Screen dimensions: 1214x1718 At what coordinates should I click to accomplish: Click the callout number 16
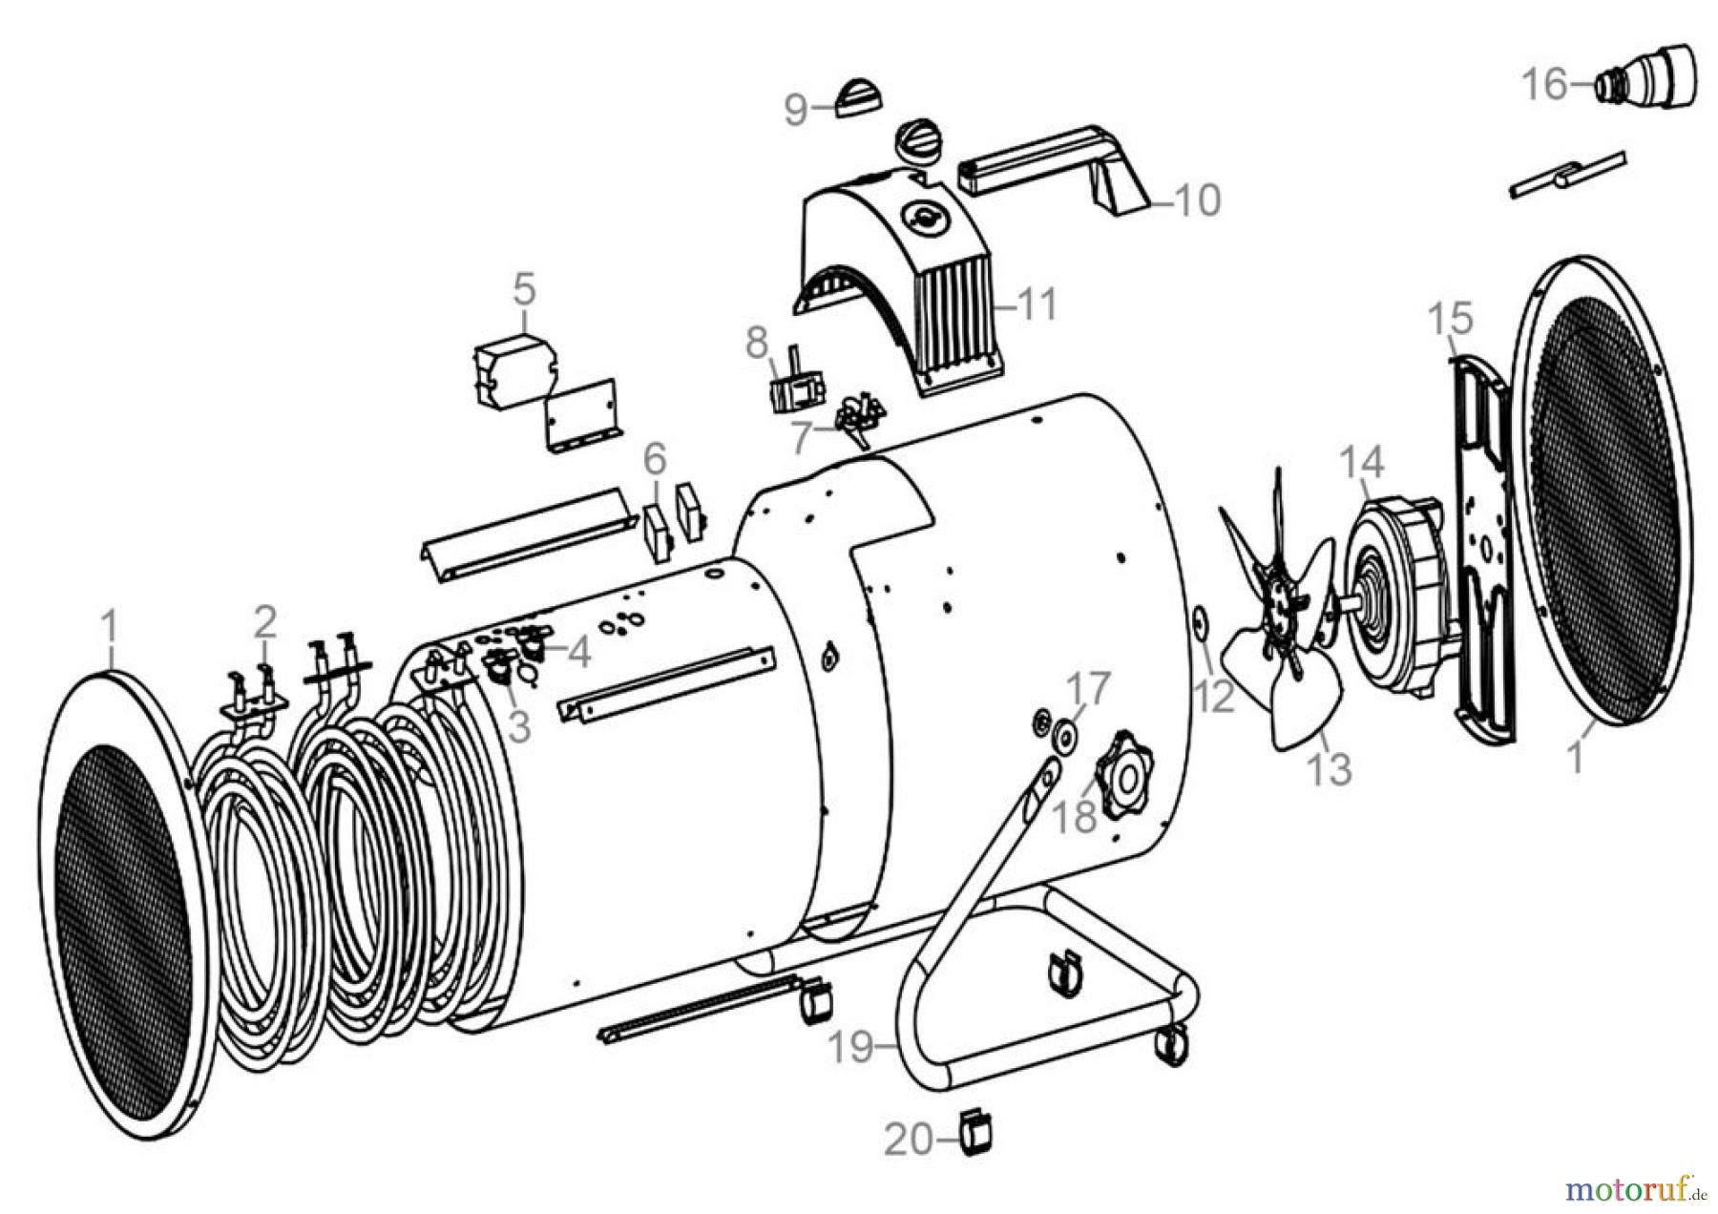(1543, 84)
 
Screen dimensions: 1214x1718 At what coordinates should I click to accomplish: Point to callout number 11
(1037, 304)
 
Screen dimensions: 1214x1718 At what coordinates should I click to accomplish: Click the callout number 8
(756, 342)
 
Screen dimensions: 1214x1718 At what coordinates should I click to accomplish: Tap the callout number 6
(654, 459)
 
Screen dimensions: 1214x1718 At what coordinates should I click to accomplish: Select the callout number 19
(849, 1046)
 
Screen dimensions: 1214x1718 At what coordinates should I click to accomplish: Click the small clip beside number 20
(974, 1136)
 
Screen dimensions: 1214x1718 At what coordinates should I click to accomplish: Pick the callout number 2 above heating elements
(264, 621)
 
